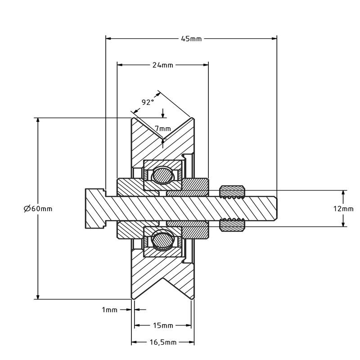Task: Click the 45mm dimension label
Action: click(191, 39)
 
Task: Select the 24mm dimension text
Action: click(162, 65)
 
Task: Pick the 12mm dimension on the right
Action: click(344, 208)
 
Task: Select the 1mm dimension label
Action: click(109, 310)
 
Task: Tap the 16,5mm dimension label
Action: click(163, 342)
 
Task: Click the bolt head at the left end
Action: click(94, 208)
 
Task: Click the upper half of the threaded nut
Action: click(232, 192)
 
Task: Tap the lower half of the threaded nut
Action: click(232, 225)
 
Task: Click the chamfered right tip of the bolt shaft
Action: click(274, 208)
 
